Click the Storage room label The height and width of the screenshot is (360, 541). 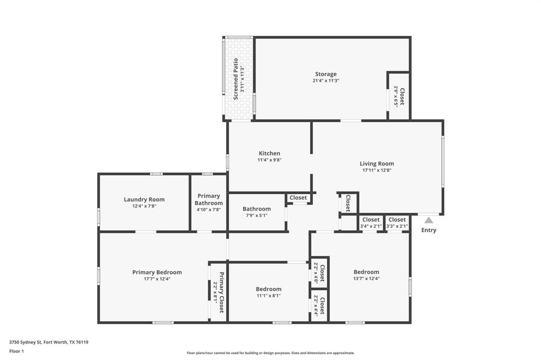click(325, 74)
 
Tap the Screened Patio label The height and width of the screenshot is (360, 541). click(236, 75)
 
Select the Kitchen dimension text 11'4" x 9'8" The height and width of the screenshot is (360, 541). click(269, 160)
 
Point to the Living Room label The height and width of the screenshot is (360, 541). click(377, 164)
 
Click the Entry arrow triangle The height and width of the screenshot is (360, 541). click(429, 220)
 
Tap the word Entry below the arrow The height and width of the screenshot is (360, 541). click(429, 230)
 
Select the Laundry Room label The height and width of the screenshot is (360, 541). click(144, 200)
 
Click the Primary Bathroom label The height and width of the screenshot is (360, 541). click(209, 200)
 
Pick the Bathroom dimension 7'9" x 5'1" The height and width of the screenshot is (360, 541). click(257, 215)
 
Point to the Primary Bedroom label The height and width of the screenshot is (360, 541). click(157, 272)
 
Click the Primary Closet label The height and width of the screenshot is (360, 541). click(221, 292)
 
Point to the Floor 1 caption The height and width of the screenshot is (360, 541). click(17, 351)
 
